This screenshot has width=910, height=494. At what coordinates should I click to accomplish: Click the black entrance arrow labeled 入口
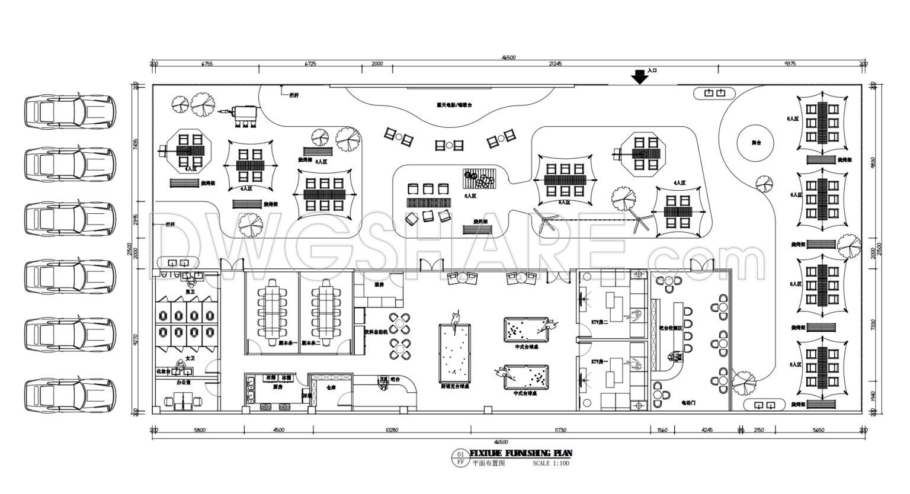coord(639,77)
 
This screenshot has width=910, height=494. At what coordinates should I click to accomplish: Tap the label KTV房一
coord(599,361)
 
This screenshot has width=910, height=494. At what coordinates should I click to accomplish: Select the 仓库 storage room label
coord(331,387)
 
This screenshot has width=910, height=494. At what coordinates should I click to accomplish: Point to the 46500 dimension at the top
coord(508,57)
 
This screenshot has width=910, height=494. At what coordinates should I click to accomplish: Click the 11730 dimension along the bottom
coord(560,430)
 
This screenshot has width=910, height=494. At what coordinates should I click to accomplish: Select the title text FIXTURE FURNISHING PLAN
coord(521,453)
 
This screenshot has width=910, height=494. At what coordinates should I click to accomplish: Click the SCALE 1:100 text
coord(550,463)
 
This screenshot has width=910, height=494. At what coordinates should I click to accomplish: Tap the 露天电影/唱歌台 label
coord(454,105)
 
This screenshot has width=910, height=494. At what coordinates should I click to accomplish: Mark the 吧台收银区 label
coord(671,328)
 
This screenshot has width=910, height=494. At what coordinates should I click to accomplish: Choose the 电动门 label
coord(688,403)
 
